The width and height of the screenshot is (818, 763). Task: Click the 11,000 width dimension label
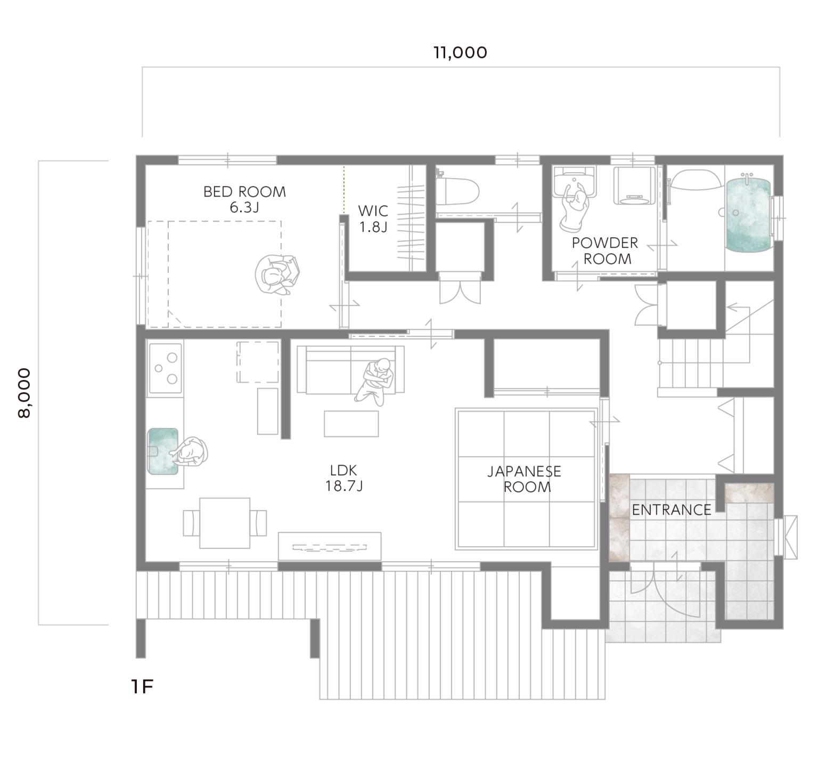(460, 53)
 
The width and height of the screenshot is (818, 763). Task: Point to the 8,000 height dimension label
(24, 393)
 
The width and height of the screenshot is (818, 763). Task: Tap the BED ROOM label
(244, 192)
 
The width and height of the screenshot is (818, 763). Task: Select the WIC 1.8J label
(373, 219)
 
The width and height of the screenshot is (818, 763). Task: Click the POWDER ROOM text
(605, 251)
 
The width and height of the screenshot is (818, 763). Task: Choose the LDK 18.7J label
(343, 478)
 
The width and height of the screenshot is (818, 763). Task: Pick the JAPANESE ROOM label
(525, 479)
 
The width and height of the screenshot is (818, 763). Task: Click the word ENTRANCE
(672, 510)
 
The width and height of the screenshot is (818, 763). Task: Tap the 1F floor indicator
(142, 687)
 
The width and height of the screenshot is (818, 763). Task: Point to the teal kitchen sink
(163, 451)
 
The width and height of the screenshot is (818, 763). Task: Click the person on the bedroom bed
(277, 274)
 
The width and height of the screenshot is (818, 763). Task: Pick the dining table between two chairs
(225, 523)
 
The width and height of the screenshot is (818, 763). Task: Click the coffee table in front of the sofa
(351, 424)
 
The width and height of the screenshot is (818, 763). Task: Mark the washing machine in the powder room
(634, 185)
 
